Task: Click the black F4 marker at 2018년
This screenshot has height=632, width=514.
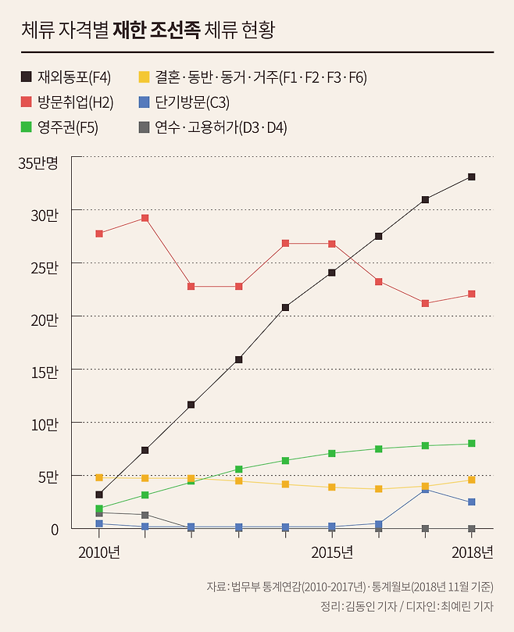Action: [472, 177]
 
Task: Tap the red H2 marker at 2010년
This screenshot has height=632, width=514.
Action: [99, 234]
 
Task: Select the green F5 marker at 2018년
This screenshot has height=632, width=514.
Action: [472, 444]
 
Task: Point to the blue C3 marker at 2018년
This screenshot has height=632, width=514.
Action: [472, 502]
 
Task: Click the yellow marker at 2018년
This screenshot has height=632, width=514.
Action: [472, 480]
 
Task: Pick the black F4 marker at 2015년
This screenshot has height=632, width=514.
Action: [332, 273]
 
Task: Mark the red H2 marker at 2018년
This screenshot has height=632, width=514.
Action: [472, 295]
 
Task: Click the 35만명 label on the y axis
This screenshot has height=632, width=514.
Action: [39, 163]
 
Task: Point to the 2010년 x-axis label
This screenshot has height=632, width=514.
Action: [99, 553]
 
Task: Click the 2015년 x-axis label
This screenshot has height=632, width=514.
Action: [332, 553]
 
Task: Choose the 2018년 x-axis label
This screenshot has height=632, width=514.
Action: [472, 553]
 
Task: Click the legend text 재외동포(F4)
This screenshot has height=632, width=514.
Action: [74, 77]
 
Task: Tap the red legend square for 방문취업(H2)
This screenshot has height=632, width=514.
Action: [27, 102]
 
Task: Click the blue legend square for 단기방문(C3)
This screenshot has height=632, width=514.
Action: [144, 102]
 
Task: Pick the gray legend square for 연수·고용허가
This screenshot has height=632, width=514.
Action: [144, 127]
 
